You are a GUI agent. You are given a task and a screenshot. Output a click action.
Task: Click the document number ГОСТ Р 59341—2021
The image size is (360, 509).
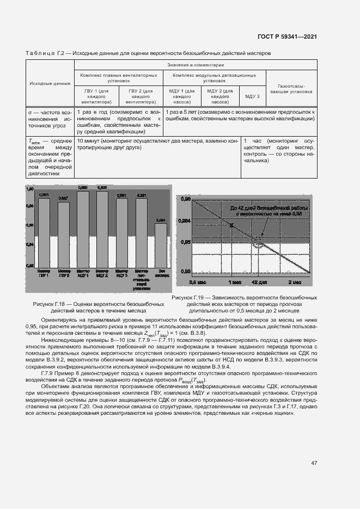[287, 36]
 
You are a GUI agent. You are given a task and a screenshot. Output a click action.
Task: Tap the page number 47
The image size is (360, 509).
[314, 463]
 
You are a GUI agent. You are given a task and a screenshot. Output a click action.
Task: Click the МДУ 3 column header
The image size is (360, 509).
[252, 96]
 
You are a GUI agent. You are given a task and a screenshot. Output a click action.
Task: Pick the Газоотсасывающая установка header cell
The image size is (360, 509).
[295, 89]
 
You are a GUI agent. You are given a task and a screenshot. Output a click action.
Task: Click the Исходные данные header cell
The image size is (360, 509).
[50, 83]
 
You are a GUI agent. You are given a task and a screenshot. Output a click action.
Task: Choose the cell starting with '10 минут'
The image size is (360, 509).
[157, 144]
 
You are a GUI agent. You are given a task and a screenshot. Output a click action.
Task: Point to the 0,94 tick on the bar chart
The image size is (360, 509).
[30, 245]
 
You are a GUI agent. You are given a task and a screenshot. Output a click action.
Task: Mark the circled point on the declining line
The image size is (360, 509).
[257, 240]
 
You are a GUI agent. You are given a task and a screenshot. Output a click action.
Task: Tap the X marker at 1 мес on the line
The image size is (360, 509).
[232, 225]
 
